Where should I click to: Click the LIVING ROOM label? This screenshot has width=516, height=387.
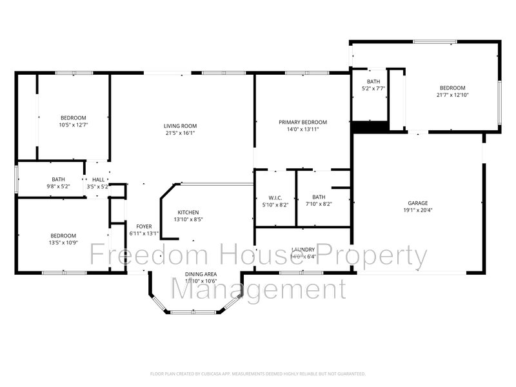(x=180, y=126)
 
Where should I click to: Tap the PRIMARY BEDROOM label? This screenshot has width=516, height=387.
(x=303, y=122)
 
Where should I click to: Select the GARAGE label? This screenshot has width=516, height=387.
(x=417, y=203)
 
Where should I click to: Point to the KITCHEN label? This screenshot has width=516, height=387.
(x=188, y=212)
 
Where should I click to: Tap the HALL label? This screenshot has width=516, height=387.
(x=98, y=180)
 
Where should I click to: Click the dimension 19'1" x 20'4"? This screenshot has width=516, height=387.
(x=417, y=210)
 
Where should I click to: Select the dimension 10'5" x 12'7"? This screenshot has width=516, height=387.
(x=73, y=124)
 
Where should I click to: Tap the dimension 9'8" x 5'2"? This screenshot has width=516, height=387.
(x=59, y=187)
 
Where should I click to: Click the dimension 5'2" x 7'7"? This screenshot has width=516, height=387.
(x=373, y=88)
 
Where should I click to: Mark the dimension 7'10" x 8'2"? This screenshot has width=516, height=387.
(x=319, y=204)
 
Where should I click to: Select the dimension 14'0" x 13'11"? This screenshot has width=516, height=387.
(x=303, y=129)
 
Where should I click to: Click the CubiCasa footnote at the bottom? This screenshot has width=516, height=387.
(x=258, y=373)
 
